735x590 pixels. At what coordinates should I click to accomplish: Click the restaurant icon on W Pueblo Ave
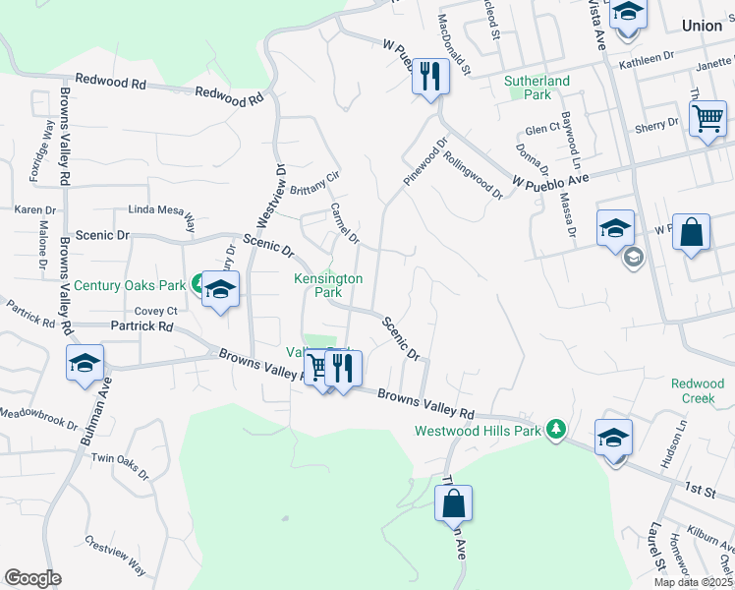[x=429, y=76]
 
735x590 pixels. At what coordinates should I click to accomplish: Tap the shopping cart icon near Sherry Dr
[x=707, y=119]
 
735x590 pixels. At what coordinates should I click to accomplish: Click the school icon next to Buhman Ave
[x=85, y=363]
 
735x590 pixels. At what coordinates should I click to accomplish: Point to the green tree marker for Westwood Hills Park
[x=556, y=429]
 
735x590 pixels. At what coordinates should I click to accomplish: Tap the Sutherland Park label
[x=537, y=88]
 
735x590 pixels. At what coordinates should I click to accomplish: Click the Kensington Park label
[x=329, y=285]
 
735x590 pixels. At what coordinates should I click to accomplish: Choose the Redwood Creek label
[x=698, y=391]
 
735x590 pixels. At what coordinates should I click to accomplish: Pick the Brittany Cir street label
[x=312, y=180]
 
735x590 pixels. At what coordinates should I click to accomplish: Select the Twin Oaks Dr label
[x=119, y=466]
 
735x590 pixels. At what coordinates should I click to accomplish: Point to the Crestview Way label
[x=116, y=556]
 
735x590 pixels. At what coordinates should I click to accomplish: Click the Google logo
[x=32, y=578]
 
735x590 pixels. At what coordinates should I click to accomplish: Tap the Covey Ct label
[x=155, y=311]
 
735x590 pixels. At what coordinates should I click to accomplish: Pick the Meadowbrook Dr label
[x=38, y=417]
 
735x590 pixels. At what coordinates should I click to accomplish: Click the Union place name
[x=704, y=27]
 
